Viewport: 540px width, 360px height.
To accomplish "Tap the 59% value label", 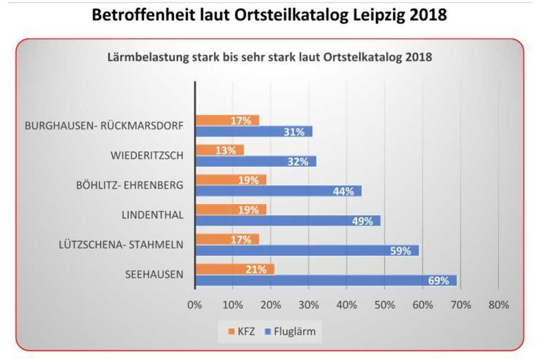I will pos(401,251).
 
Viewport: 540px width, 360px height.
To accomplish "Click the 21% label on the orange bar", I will pos(256,269).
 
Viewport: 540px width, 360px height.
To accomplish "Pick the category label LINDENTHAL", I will pos(152,215).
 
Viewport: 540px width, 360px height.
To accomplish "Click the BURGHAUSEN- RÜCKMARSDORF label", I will pos(104,126).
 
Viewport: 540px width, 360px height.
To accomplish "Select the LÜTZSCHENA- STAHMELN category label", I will pos(121,245).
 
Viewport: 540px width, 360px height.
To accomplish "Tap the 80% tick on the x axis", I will pos(498,305).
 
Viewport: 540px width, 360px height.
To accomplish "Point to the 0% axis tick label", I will pos(194,305).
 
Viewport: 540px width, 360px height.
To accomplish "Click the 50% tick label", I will pos(384,305).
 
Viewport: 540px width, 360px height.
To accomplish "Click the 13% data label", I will pos(226,150).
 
